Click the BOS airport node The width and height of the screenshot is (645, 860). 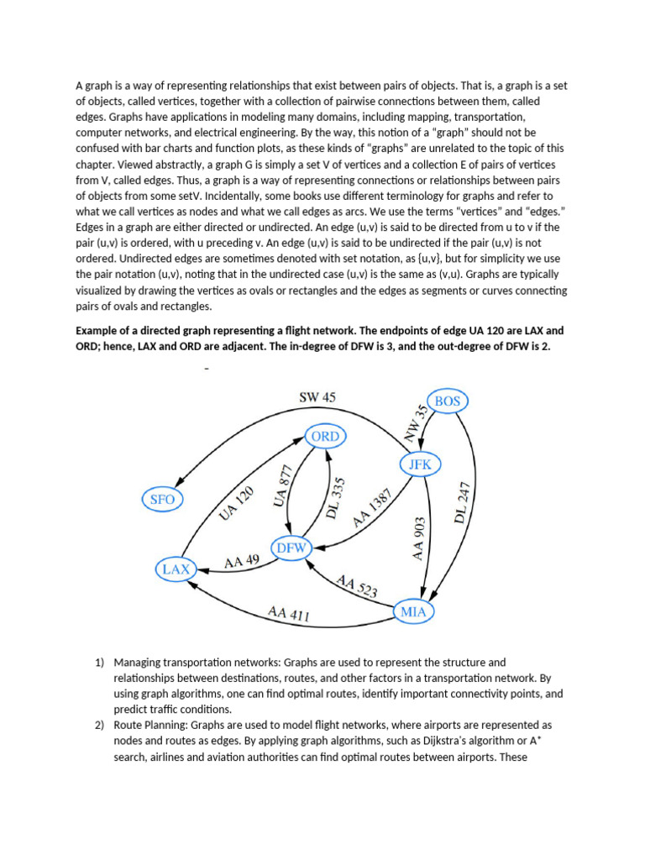(x=448, y=401)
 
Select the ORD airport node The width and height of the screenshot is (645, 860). (x=325, y=437)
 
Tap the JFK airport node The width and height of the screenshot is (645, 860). (x=419, y=464)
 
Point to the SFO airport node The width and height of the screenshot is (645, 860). (x=162, y=499)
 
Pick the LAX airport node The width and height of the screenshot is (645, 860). (x=176, y=569)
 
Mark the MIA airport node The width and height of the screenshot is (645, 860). (x=414, y=611)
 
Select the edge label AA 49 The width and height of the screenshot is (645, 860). (x=241, y=562)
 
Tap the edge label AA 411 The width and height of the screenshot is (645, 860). (x=289, y=613)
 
